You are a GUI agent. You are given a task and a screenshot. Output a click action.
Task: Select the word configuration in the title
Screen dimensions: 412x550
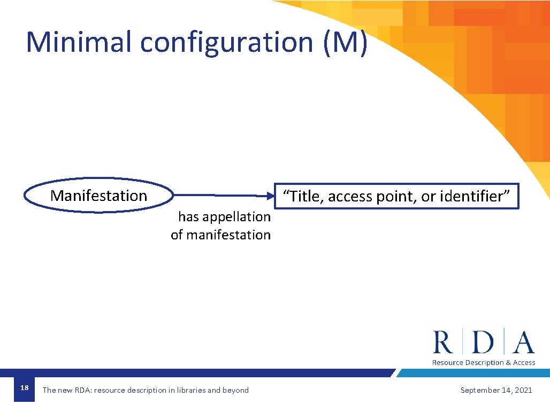pyautogui.click(x=226, y=43)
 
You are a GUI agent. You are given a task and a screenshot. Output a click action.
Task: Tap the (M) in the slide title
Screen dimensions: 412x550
pyautogui.click(x=345, y=43)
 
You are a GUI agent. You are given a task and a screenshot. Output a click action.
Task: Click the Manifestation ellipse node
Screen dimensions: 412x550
pyautogui.click(x=99, y=196)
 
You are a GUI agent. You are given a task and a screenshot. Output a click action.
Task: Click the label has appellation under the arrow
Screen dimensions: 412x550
pyautogui.click(x=224, y=216)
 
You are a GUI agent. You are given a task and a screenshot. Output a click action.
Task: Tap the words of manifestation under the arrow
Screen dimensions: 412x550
pyautogui.click(x=220, y=235)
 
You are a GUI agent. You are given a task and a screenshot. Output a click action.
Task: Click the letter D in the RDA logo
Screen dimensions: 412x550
pyautogui.click(x=483, y=342)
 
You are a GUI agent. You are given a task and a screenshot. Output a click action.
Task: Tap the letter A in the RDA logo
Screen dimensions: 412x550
pyautogui.click(x=523, y=342)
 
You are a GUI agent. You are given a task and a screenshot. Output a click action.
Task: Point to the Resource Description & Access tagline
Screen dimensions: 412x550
pyautogui.click(x=483, y=362)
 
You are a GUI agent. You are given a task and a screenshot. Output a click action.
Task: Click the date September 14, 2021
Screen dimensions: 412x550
pyautogui.click(x=496, y=390)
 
